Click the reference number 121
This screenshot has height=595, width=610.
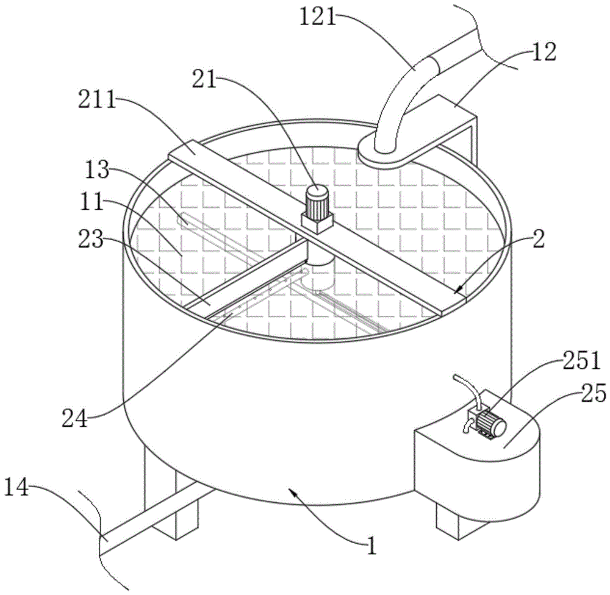coord(317,18)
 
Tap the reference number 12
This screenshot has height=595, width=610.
coord(544,52)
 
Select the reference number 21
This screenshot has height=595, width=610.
coord(204,79)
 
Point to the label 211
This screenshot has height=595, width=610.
coord(97,100)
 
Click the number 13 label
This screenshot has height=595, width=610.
coord(97,170)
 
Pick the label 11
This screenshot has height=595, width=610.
coord(92,202)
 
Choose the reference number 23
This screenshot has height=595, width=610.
coord(91,239)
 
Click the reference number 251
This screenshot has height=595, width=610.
coord(581,360)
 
